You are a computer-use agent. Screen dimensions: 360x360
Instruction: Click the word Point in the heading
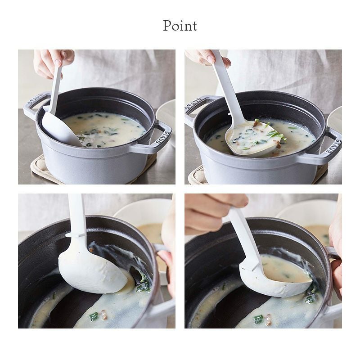click(x=180, y=26)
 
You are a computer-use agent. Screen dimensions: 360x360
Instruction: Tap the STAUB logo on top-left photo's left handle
click(x=35, y=99)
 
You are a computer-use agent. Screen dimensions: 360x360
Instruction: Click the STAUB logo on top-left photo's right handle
click(x=163, y=138)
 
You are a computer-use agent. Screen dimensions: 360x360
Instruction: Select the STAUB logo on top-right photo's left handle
click(x=193, y=103)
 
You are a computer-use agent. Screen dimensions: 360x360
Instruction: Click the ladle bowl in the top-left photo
click(x=61, y=129)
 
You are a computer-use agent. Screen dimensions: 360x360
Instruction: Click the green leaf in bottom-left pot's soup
click(x=94, y=316)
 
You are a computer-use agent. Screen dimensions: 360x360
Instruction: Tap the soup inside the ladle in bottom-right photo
click(x=286, y=271)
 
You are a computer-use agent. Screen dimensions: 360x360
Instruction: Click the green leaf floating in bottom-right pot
click(x=258, y=319)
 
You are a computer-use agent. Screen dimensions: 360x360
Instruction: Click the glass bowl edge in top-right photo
click(x=335, y=119)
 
